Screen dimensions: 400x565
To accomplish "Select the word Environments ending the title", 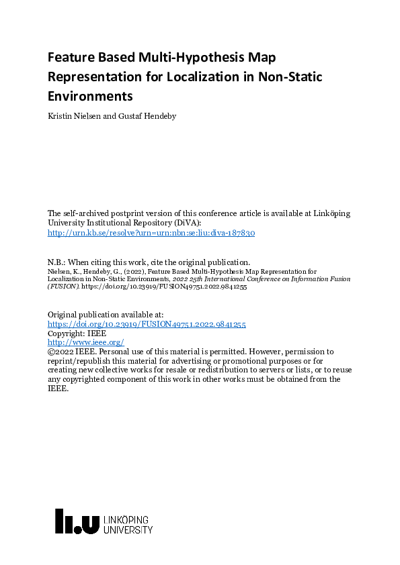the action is tap(90, 95).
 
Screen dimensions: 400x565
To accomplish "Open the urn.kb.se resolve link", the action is tap(151, 233).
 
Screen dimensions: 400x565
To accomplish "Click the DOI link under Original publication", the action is tap(147, 323).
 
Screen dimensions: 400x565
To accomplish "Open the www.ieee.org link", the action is tap(85, 342).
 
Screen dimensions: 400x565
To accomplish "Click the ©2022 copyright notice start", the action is tap(61, 352).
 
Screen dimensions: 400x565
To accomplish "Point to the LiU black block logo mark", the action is tap(77, 521).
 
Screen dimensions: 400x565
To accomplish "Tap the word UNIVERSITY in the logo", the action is tap(128, 530).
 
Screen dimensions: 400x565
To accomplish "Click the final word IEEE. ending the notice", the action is tap(58, 389).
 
